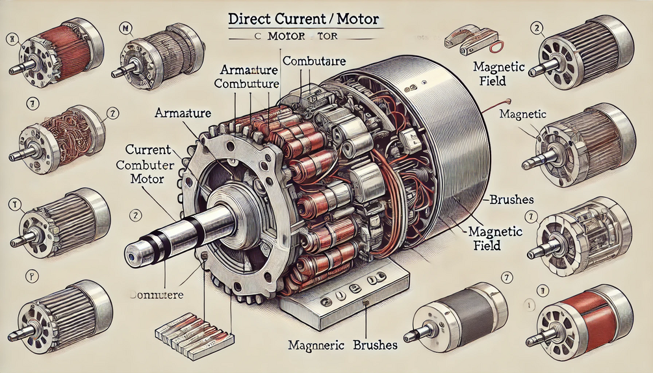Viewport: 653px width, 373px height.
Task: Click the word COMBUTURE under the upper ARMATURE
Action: click(246, 84)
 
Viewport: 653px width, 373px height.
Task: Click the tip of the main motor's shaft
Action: click(131, 250)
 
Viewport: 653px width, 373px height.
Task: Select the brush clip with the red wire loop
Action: click(470, 39)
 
